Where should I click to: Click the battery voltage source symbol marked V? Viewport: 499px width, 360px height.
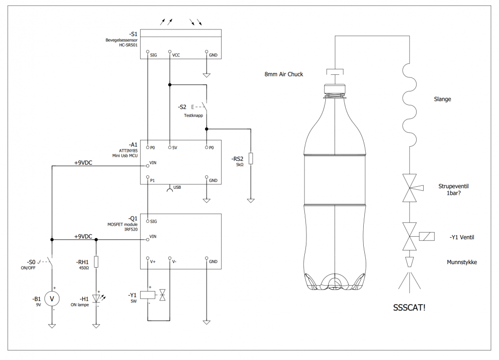[x=52, y=299]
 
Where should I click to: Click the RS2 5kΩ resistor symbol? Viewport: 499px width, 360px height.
[x=251, y=158]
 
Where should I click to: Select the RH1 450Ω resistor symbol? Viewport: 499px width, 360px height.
[x=96, y=262]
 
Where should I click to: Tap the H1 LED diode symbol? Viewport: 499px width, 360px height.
[x=96, y=298]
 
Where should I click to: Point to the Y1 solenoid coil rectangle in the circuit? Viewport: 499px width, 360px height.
[x=148, y=295]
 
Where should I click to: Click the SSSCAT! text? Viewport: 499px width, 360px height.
[x=409, y=308]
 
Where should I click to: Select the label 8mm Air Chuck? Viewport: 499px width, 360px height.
[x=283, y=74]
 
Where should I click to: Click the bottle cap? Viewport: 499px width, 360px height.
[x=335, y=88]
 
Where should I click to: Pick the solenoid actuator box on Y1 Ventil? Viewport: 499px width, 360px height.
[x=427, y=237]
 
